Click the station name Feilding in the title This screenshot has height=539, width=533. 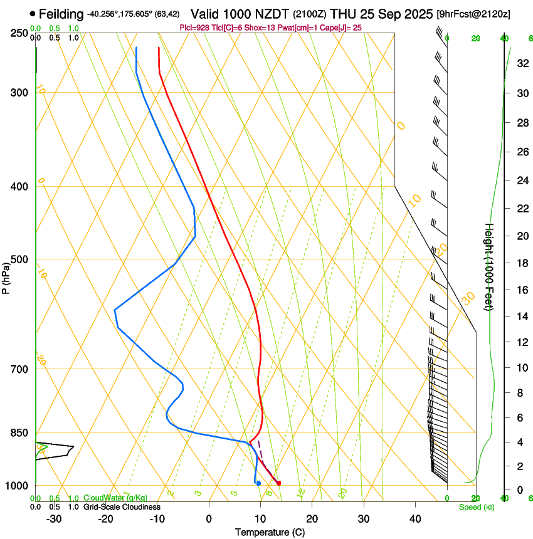pyautogui.click(x=61, y=14)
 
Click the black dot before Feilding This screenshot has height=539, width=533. pyautogui.click(x=32, y=13)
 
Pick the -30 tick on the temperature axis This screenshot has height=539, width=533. pyautogui.click(x=54, y=518)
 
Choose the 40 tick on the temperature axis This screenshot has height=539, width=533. pyautogui.click(x=414, y=518)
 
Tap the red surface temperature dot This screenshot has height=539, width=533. pyautogui.click(x=279, y=483)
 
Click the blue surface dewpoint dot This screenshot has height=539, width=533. pyautogui.click(x=258, y=483)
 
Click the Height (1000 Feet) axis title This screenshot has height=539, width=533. pyautogui.click(x=489, y=266)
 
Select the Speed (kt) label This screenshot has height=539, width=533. pyautogui.click(x=476, y=506)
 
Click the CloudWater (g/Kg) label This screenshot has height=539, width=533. pyautogui.click(x=115, y=498)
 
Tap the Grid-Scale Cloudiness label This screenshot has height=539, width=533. pyautogui.click(x=122, y=506)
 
